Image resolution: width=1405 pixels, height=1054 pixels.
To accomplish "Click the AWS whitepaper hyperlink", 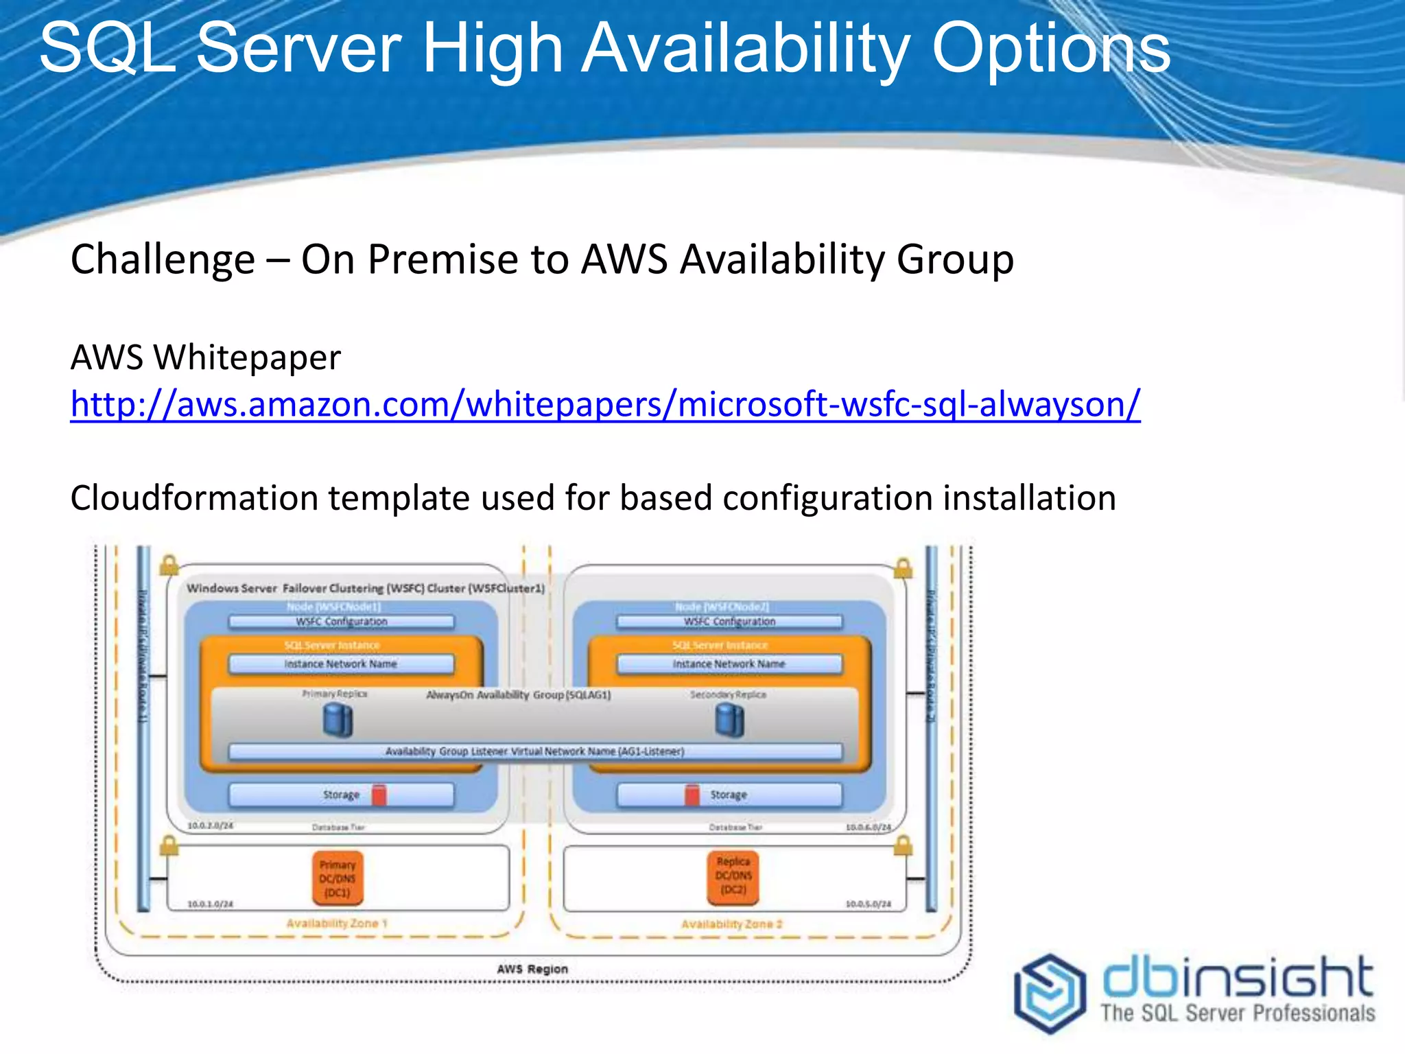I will coord(605,405).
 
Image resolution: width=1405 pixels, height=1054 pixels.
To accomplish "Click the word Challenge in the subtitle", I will coord(163,260).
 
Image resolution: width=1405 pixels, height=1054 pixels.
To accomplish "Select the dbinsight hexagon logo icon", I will coord(1049,992).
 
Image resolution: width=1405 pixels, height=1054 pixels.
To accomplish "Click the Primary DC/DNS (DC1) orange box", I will coord(338,878).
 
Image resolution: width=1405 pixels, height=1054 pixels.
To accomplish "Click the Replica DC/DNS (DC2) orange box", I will coord(733,876).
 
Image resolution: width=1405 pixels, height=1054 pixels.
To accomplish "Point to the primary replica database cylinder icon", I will coord(338,721).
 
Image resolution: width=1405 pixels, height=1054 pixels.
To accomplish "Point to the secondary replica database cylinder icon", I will coord(729,721).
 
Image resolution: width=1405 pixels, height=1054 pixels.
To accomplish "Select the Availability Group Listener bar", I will coord(535,751).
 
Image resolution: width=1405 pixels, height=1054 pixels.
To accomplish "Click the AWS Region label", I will coord(532,969).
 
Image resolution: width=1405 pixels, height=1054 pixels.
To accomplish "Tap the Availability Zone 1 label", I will coord(337,924).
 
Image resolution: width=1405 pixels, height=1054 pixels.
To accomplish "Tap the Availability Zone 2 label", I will coord(731,924).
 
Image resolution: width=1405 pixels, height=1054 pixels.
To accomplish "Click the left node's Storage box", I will coord(341,795).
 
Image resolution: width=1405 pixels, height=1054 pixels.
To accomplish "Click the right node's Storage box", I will coord(729,795).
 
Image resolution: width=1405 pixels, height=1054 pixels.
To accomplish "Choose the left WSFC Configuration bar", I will coord(341,622).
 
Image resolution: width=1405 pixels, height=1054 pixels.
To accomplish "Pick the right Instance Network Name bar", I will coord(729,664).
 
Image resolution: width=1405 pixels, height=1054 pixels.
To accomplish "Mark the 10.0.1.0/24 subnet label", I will coord(211,904).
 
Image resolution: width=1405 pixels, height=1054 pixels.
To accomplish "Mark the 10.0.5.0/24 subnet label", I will coord(868,904).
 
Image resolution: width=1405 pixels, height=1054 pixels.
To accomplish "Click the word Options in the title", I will coord(1050,49).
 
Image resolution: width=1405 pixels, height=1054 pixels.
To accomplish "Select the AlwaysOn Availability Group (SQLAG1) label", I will coord(519,695).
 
